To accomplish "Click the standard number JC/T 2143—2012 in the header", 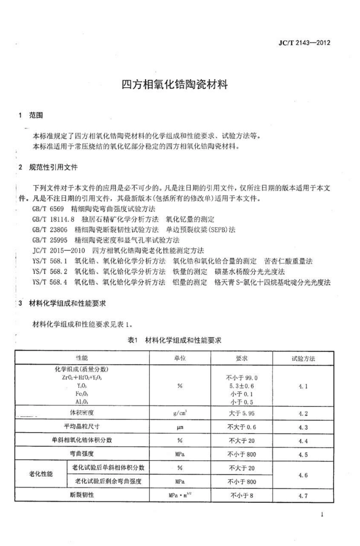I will click(x=304, y=43).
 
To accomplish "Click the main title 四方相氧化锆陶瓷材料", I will click(x=175, y=84).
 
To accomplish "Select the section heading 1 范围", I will click(x=31, y=115).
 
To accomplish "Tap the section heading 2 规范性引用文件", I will click(x=48, y=167).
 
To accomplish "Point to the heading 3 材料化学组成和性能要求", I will click(x=62, y=303).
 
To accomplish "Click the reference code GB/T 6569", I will click(x=48, y=209).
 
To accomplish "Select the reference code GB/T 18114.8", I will click(x=53, y=219).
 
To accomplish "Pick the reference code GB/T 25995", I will click(x=50, y=240).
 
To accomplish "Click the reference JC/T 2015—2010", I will click(x=59, y=250).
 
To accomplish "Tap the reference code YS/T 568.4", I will click(x=50, y=282).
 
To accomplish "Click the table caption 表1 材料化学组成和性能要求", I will click(x=174, y=340).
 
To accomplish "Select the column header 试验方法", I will click(x=303, y=358).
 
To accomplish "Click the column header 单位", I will click(x=180, y=358).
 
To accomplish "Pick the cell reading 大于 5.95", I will click(x=241, y=413).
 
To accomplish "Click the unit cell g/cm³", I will click(x=180, y=413).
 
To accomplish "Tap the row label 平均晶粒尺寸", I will click(x=81, y=427).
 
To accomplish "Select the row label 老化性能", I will click(x=41, y=474).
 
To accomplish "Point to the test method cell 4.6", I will click(x=303, y=475).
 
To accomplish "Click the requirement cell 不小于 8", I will click(x=241, y=495).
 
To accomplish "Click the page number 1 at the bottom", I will click(x=322, y=515).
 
